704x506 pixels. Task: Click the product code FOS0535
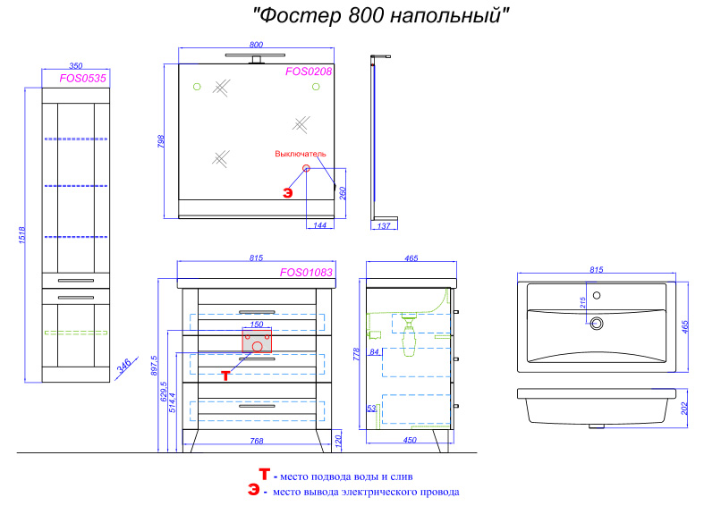click(82, 78)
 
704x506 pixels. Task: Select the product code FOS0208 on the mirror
click(309, 72)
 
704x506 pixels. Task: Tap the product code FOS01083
click(306, 273)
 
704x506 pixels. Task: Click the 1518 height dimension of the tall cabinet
click(22, 235)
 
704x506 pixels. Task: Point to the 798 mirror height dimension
click(161, 141)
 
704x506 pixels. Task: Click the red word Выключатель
click(301, 154)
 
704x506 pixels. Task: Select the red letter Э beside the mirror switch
click(288, 193)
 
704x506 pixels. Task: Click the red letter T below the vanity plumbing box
click(225, 375)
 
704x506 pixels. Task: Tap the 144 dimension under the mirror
click(319, 225)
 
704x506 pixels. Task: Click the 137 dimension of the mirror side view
click(384, 225)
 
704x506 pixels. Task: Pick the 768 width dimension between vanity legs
click(257, 441)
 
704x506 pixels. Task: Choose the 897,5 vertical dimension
click(154, 365)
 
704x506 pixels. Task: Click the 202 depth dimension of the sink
click(684, 409)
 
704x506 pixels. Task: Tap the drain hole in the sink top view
click(597, 323)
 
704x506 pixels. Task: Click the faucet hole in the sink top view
click(597, 295)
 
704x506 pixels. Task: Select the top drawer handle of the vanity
click(257, 312)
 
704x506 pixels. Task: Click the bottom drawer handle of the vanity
click(257, 406)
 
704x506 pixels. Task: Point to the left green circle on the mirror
click(197, 87)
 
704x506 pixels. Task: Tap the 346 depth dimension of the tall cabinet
click(124, 365)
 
